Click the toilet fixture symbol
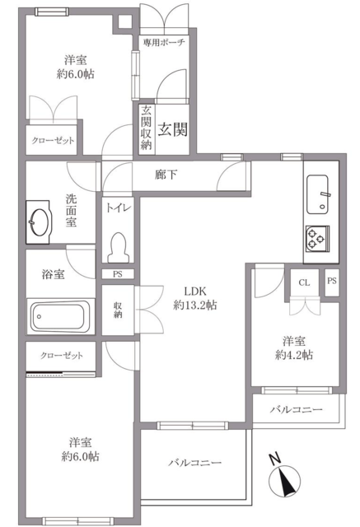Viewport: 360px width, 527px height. coord(118,247)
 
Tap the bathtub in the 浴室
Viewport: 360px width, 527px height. coord(60,316)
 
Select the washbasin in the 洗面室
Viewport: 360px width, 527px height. coord(39,222)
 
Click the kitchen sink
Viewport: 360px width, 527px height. coord(317,194)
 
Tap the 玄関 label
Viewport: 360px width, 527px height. coord(172,129)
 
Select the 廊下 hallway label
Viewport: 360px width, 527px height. coord(166,175)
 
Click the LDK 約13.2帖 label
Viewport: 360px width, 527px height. coord(195,298)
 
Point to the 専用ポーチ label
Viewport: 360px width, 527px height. coord(164,42)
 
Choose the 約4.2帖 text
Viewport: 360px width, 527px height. coord(294,355)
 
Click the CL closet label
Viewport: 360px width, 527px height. coord(304,282)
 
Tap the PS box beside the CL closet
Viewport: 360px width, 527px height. coord(332,282)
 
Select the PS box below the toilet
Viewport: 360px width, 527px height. coord(118,274)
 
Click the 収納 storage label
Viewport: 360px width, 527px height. coord(118,310)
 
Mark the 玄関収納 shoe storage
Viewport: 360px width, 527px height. coord(147,129)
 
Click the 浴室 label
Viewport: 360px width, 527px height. coord(53,274)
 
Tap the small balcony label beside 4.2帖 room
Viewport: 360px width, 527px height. coord(297,410)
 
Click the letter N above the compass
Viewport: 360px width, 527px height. coord(275,459)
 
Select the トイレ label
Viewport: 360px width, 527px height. coord(118,208)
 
